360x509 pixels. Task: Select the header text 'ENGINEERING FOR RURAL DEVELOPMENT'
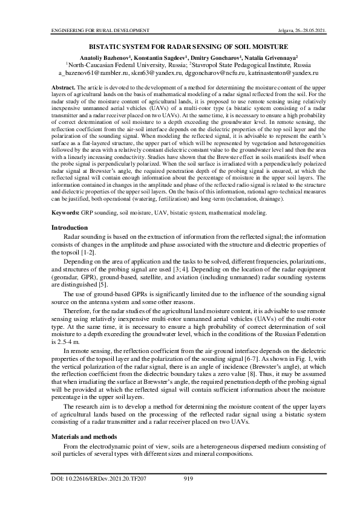[x=91, y=30]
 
